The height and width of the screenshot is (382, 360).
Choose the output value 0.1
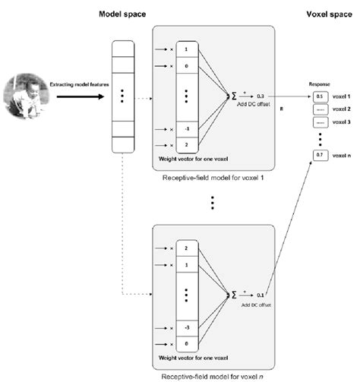coord(261,293)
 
